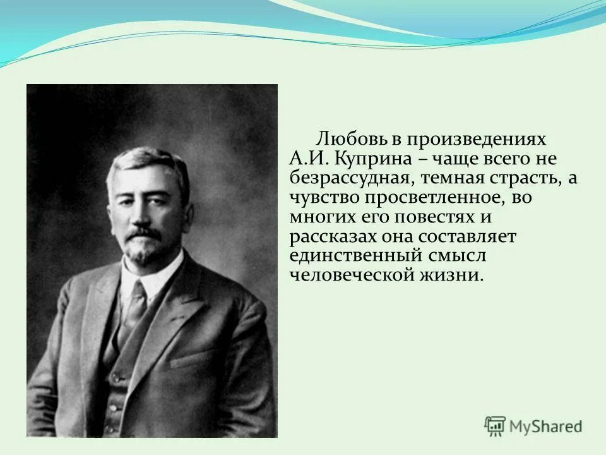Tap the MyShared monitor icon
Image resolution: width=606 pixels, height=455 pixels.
click(x=495, y=426)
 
